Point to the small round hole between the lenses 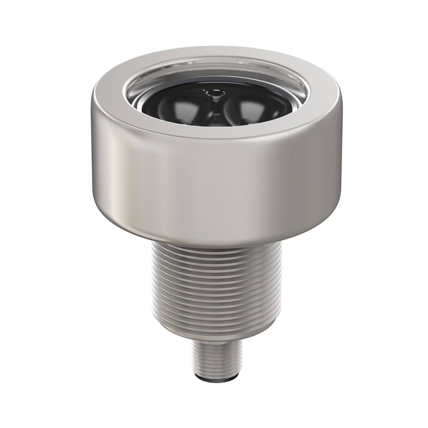214,94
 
